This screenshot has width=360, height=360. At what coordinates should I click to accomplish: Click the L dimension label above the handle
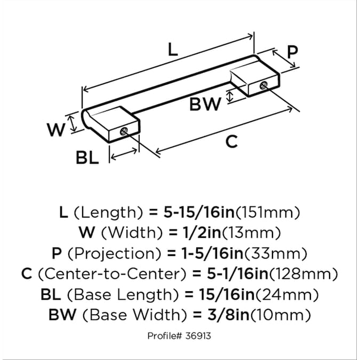173,50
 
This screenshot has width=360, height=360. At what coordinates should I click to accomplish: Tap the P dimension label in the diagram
292,52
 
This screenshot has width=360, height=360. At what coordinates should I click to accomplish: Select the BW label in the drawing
205,104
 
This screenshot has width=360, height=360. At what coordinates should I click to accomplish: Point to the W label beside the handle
56,130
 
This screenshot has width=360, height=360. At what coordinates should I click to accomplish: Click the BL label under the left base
87,158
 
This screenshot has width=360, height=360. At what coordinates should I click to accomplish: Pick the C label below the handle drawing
231,141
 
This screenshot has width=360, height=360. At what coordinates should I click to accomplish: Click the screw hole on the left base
124,131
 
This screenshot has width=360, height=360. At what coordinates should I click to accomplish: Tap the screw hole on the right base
263,86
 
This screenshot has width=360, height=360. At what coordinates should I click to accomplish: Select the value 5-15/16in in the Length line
199,212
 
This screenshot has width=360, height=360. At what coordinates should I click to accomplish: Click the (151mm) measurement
268,213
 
